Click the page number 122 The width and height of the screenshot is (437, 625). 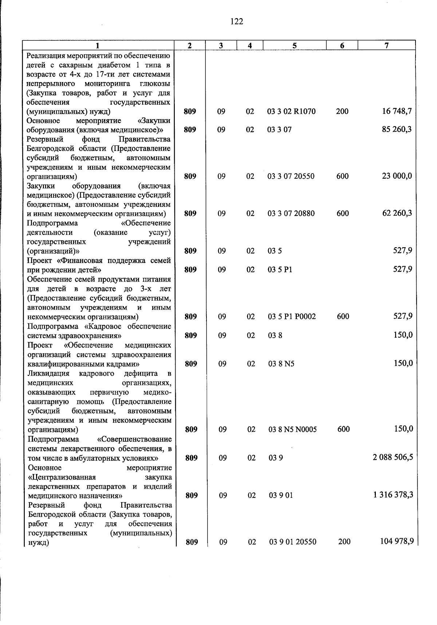[237, 22]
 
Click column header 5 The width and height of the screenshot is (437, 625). [294, 46]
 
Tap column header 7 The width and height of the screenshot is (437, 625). [386, 46]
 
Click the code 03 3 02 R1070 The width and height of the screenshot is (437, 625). [291, 112]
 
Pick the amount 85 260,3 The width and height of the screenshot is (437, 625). [397, 129]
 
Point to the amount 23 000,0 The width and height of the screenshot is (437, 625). [397, 176]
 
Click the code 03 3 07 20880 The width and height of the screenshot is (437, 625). [291, 213]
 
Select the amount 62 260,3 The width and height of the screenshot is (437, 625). [397, 213]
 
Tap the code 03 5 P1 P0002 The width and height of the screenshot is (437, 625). [292, 317]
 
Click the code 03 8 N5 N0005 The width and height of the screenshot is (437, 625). [293, 430]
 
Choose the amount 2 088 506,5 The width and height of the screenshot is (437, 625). [393, 457]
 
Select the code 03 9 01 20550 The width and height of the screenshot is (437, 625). [293, 542]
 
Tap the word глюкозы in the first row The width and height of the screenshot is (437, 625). [157, 84]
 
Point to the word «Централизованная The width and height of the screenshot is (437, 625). [62, 477]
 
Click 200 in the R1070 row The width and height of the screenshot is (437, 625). [342, 112]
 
